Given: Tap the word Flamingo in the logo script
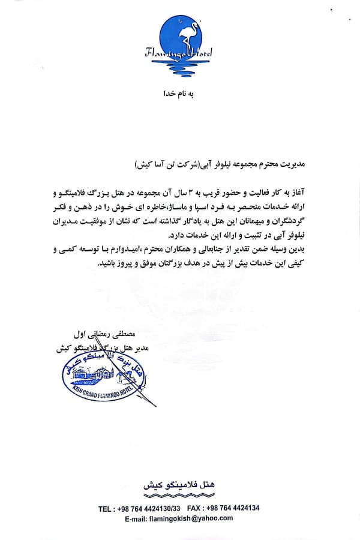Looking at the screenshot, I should [166, 53].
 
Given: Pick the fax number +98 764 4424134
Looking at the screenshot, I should [230, 508].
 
